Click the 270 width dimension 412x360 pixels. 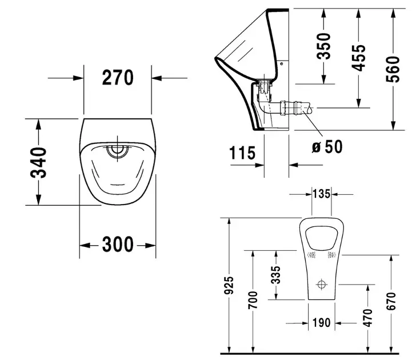[x=118, y=78]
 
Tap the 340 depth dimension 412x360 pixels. [x=38, y=163]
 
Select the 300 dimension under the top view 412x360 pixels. [x=118, y=245]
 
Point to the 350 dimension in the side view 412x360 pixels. [x=323, y=46]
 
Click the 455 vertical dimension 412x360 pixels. [x=359, y=58]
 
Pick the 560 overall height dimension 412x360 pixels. [x=393, y=69]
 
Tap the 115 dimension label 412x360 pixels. [x=242, y=153]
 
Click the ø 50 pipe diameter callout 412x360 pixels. [x=327, y=146]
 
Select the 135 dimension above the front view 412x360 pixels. [x=321, y=194]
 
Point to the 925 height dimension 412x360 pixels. [x=229, y=285]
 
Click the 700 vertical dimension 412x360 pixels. [x=253, y=300]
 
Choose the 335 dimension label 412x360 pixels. [x=276, y=275]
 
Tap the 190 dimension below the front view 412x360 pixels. [x=321, y=323]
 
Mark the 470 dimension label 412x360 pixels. [x=368, y=318]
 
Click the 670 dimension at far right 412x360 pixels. [x=391, y=301]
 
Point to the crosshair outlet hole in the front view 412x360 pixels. [x=321, y=285]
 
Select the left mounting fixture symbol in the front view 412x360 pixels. [x=311, y=255]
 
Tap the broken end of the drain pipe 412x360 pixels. [x=310, y=108]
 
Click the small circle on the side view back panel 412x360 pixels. [x=281, y=63]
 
